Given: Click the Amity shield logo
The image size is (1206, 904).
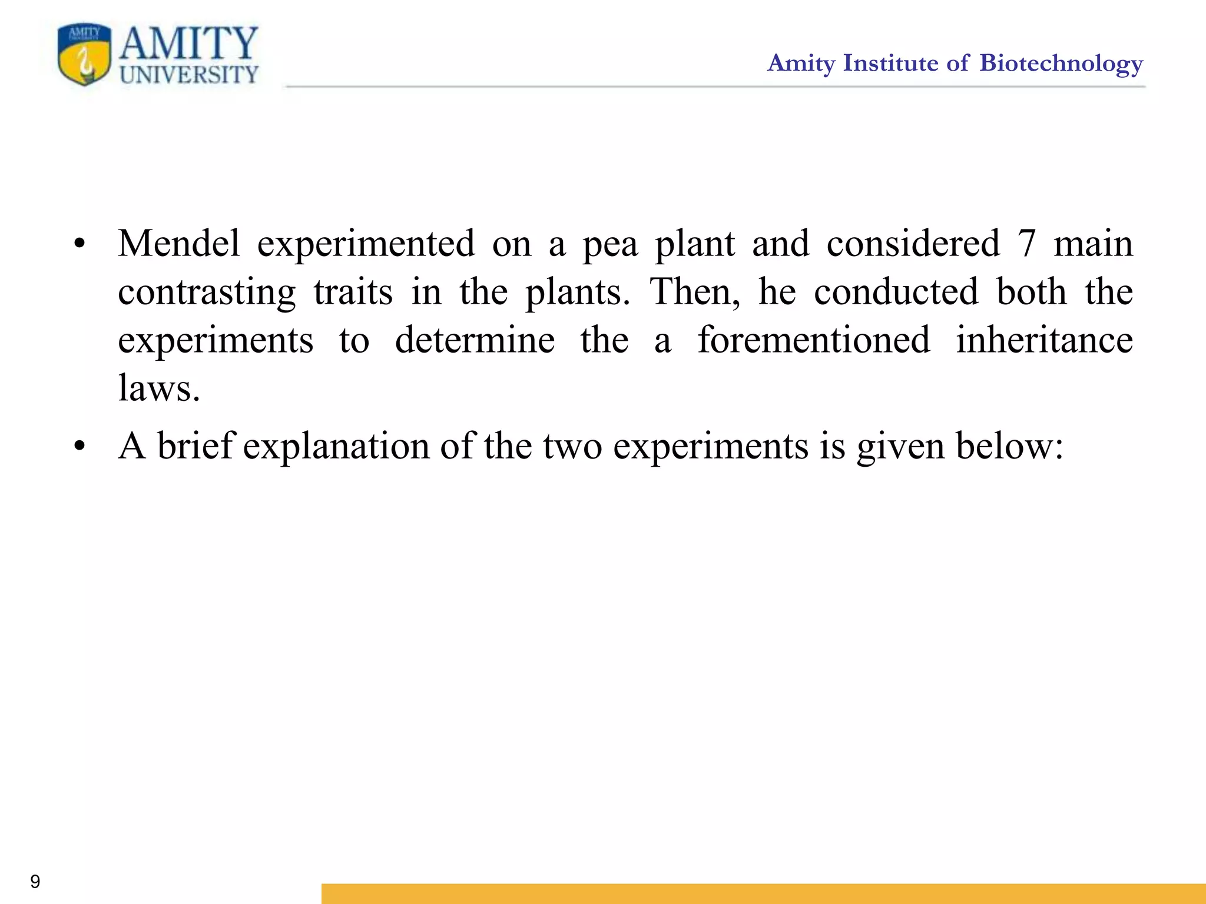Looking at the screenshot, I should pyautogui.click(x=84, y=55).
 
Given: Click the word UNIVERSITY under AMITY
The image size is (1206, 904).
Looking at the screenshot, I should pyautogui.click(x=189, y=75).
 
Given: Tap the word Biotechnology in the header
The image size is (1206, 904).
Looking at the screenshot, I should pyautogui.click(x=1061, y=64).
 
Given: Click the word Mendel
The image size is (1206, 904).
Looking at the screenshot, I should pyautogui.click(x=179, y=243).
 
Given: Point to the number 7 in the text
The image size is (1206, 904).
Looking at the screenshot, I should pyautogui.click(x=1026, y=244).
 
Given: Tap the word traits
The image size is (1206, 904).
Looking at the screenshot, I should pyautogui.click(x=353, y=292).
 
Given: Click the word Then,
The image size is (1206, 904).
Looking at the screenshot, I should pyautogui.click(x=695, y=292).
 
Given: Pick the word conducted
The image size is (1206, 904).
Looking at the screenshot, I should pyautogui.click(x=896, y=292).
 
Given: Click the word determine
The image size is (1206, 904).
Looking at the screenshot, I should pyautogui.click(x=475, y=340).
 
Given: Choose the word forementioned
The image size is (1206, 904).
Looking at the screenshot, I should pyautogui.click(x=814, y=340).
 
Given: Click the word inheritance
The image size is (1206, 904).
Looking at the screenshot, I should pyautogui.click(x=1044, y=340).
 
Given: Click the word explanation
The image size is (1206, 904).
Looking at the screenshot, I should pyautogui.click(x=336, y=447).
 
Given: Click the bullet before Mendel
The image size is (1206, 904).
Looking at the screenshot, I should pyautogui.click(x=80, y=244).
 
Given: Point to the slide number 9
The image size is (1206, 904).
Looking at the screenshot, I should pyautogui.click(x=35, y=881).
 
